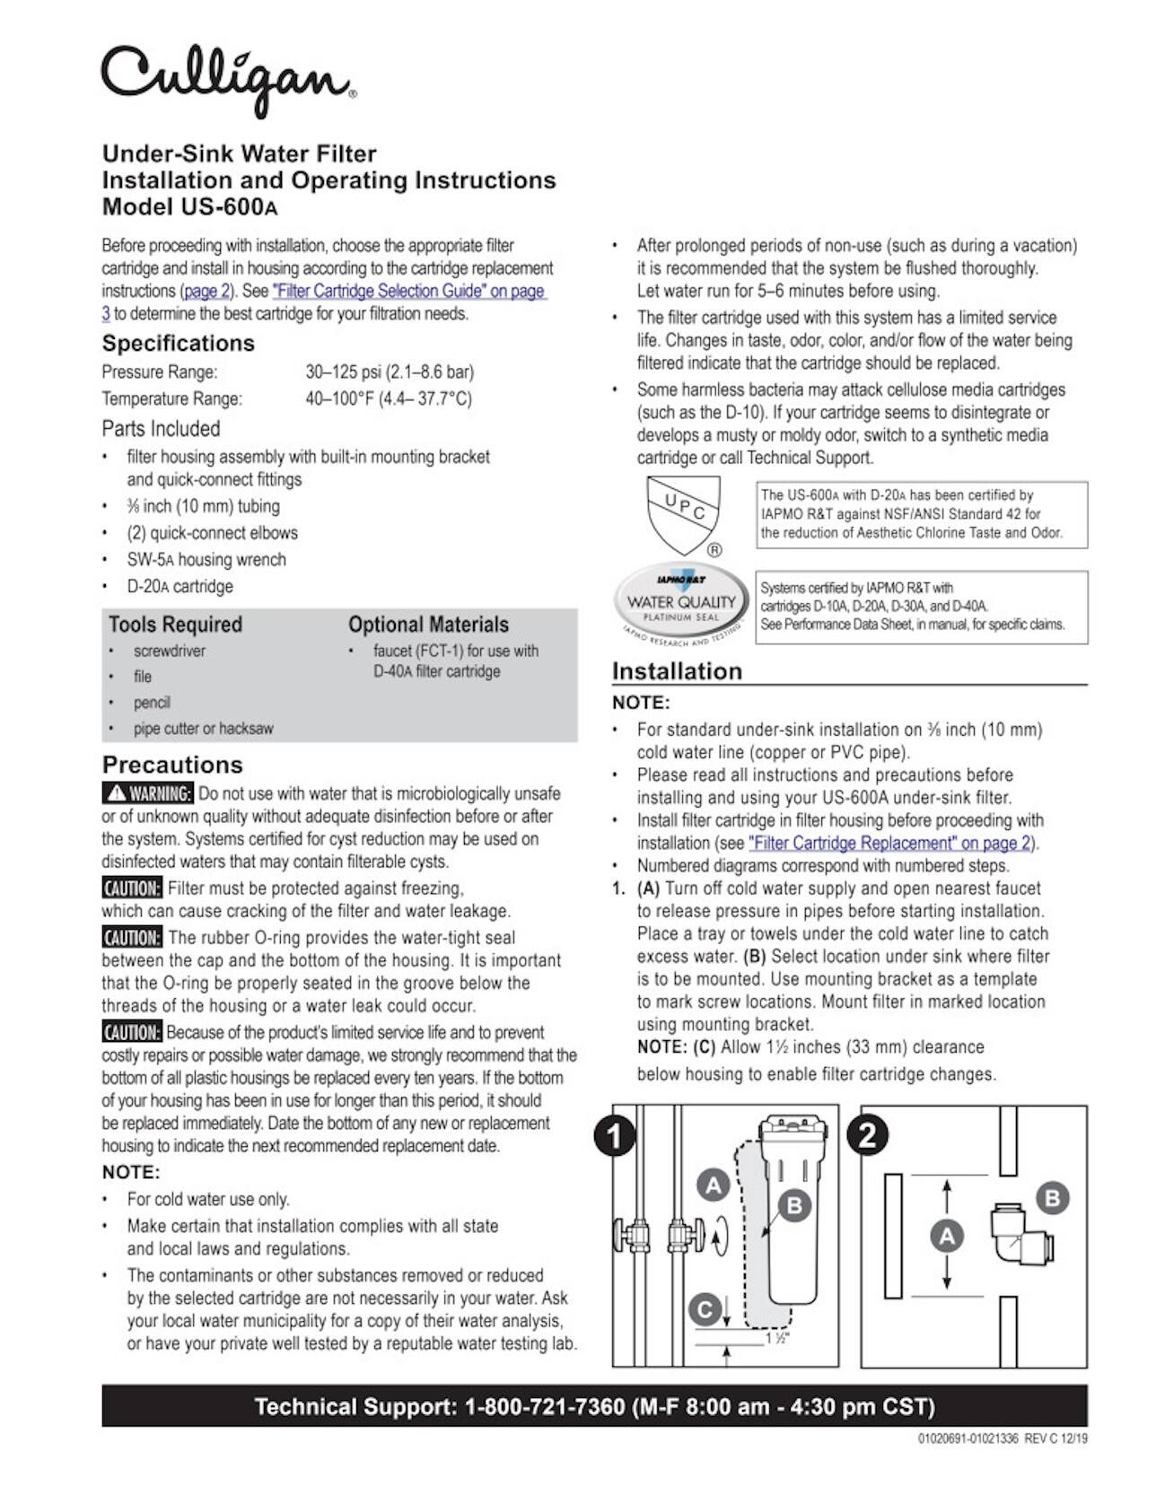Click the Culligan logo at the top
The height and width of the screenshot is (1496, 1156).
pyautogui.click(x=228, y=79)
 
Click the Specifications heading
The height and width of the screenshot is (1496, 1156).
pyautogui.click(x=178, y=343)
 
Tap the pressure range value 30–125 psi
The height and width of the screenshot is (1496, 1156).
pyautogui.click(x=389, y=372)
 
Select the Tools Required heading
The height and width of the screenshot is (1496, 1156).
pyautogui.click(x=175, y=625)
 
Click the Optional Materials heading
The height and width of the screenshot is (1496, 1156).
pyautogui.click(x=428, y=625)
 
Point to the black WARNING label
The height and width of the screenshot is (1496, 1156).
pyautogui.click(x=148, y=793)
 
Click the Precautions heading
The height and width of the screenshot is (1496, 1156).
pyautogui.click(x=172, y=765)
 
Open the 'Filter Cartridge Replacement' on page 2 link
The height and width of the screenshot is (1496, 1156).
pyautogui.click(x=889, y=843)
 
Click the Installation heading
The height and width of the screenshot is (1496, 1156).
pyautogui.click(x=677, y=671)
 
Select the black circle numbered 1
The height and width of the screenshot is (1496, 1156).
pyautogui.click(x=615, y=1136)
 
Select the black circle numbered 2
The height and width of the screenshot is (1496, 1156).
pyautogui.click(x=868, y=1136)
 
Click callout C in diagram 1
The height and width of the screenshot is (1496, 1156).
pyautogui.click(x=705, y=1310)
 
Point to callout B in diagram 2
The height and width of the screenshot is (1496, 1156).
pyautogui.click(x=1052, y=1198)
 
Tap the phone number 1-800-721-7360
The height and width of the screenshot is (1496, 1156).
pyautogui.click(x=544, y=1406)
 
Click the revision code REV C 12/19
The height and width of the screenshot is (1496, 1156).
pyautogui.click(x=1055, y=1439)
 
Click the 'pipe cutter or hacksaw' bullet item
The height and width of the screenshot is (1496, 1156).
pyautogui.click(x=203, y=729)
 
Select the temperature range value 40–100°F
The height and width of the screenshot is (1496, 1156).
pyautogui.click(x=388, y=398)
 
